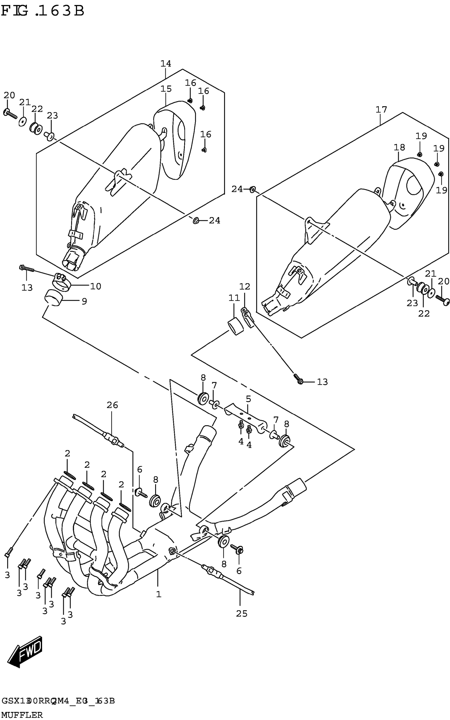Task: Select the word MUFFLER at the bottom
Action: [22, 715]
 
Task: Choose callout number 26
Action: [112, 405]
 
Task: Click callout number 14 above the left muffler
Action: [166, 64]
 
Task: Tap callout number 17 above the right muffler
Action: [381, 110]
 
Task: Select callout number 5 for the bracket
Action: [248, 399]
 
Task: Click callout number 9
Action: [84, 302]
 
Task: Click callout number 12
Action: [245, 287]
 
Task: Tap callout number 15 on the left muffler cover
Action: [166, 89]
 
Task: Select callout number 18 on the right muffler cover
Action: [399, 148]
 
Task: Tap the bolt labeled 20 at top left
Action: [10, 113]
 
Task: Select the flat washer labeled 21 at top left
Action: [22, 121]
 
